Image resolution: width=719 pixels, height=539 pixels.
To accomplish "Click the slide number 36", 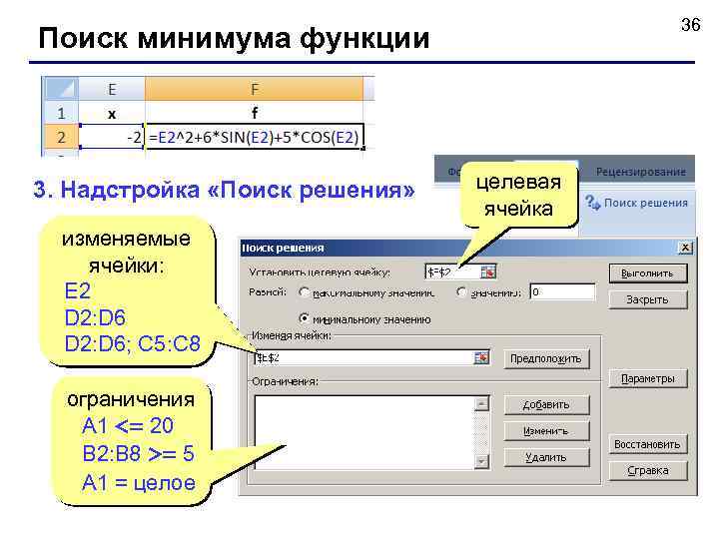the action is [x=690, y=25].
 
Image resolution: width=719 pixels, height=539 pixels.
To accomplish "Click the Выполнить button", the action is [x=647, y=272].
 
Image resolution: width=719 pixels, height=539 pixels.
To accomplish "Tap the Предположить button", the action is [x=545, y=358].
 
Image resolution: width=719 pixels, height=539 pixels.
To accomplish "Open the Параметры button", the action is [x=647, y=379].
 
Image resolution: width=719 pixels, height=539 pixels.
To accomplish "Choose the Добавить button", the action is [x=545, y=404].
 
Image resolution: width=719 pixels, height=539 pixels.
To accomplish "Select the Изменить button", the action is [x=545, y=431].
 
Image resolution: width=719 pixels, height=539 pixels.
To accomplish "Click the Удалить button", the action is [x=545, y=457].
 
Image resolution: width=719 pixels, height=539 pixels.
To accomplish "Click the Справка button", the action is [x=647, y=470].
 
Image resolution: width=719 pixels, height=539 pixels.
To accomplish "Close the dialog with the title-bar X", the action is [x=685, y=248].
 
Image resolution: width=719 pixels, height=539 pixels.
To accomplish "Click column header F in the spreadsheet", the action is [x=254, y=89].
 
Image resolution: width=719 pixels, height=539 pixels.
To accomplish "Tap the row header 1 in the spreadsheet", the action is [x=60, y=113].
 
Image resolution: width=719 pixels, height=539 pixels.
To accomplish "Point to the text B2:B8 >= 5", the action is [x=139, y=455].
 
